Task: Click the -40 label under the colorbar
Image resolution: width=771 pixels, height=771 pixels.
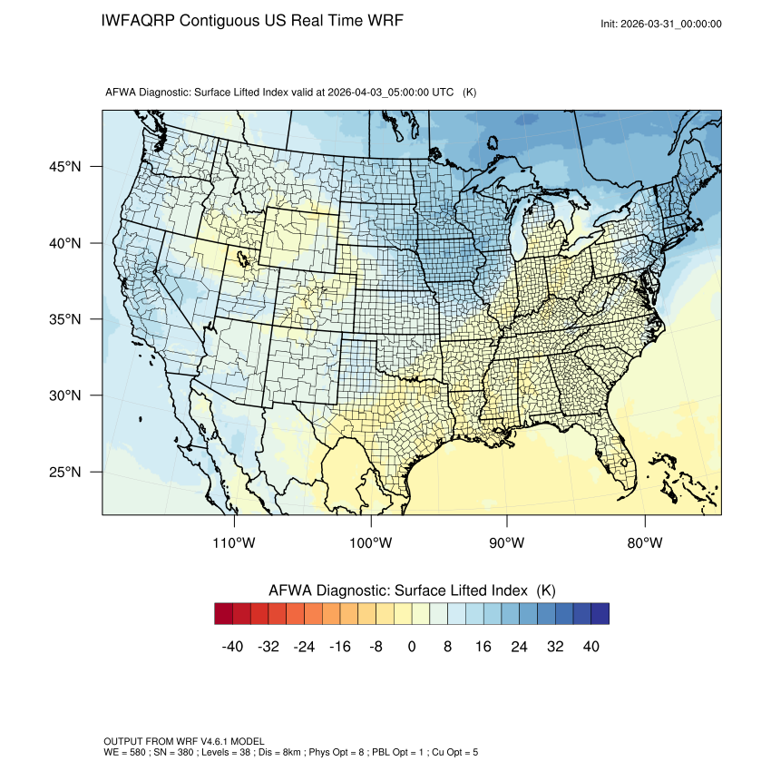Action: click(x=233, y=646)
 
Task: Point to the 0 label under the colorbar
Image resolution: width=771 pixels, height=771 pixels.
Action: click(x=412, y=646)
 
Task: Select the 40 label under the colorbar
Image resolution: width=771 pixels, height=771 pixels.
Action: click(x=590, y=646)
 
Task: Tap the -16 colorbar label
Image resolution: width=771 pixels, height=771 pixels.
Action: click(x=340, y=646)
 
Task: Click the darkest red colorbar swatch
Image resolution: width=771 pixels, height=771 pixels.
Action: click(x=223, y=614)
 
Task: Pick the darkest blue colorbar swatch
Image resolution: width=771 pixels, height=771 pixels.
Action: click(x=600, y=614)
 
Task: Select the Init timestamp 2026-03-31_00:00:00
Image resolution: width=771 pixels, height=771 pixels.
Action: click(x=672, y=24)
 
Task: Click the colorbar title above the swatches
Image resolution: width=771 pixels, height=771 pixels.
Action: click(x=412, y=590)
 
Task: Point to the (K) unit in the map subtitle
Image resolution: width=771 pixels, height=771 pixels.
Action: click(x=470, y=93)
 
